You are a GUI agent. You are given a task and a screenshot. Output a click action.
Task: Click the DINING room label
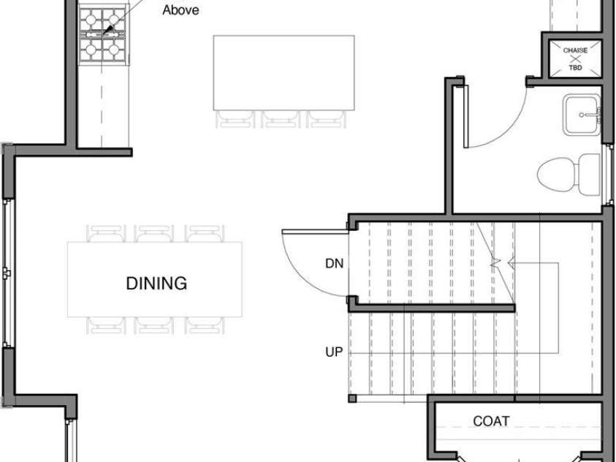point(156,283)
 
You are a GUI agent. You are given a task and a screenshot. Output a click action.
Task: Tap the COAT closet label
point(491,421)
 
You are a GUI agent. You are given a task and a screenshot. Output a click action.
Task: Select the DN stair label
point(335,264)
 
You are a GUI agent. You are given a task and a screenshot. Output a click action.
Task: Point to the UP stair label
point(334,352)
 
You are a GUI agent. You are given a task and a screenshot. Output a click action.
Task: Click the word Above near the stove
point(180,10)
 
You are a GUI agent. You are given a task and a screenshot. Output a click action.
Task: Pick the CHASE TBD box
point(575,58)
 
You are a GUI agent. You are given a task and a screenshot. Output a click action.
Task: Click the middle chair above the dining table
point(154,234)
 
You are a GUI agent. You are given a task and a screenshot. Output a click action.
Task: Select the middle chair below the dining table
point(154,325)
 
